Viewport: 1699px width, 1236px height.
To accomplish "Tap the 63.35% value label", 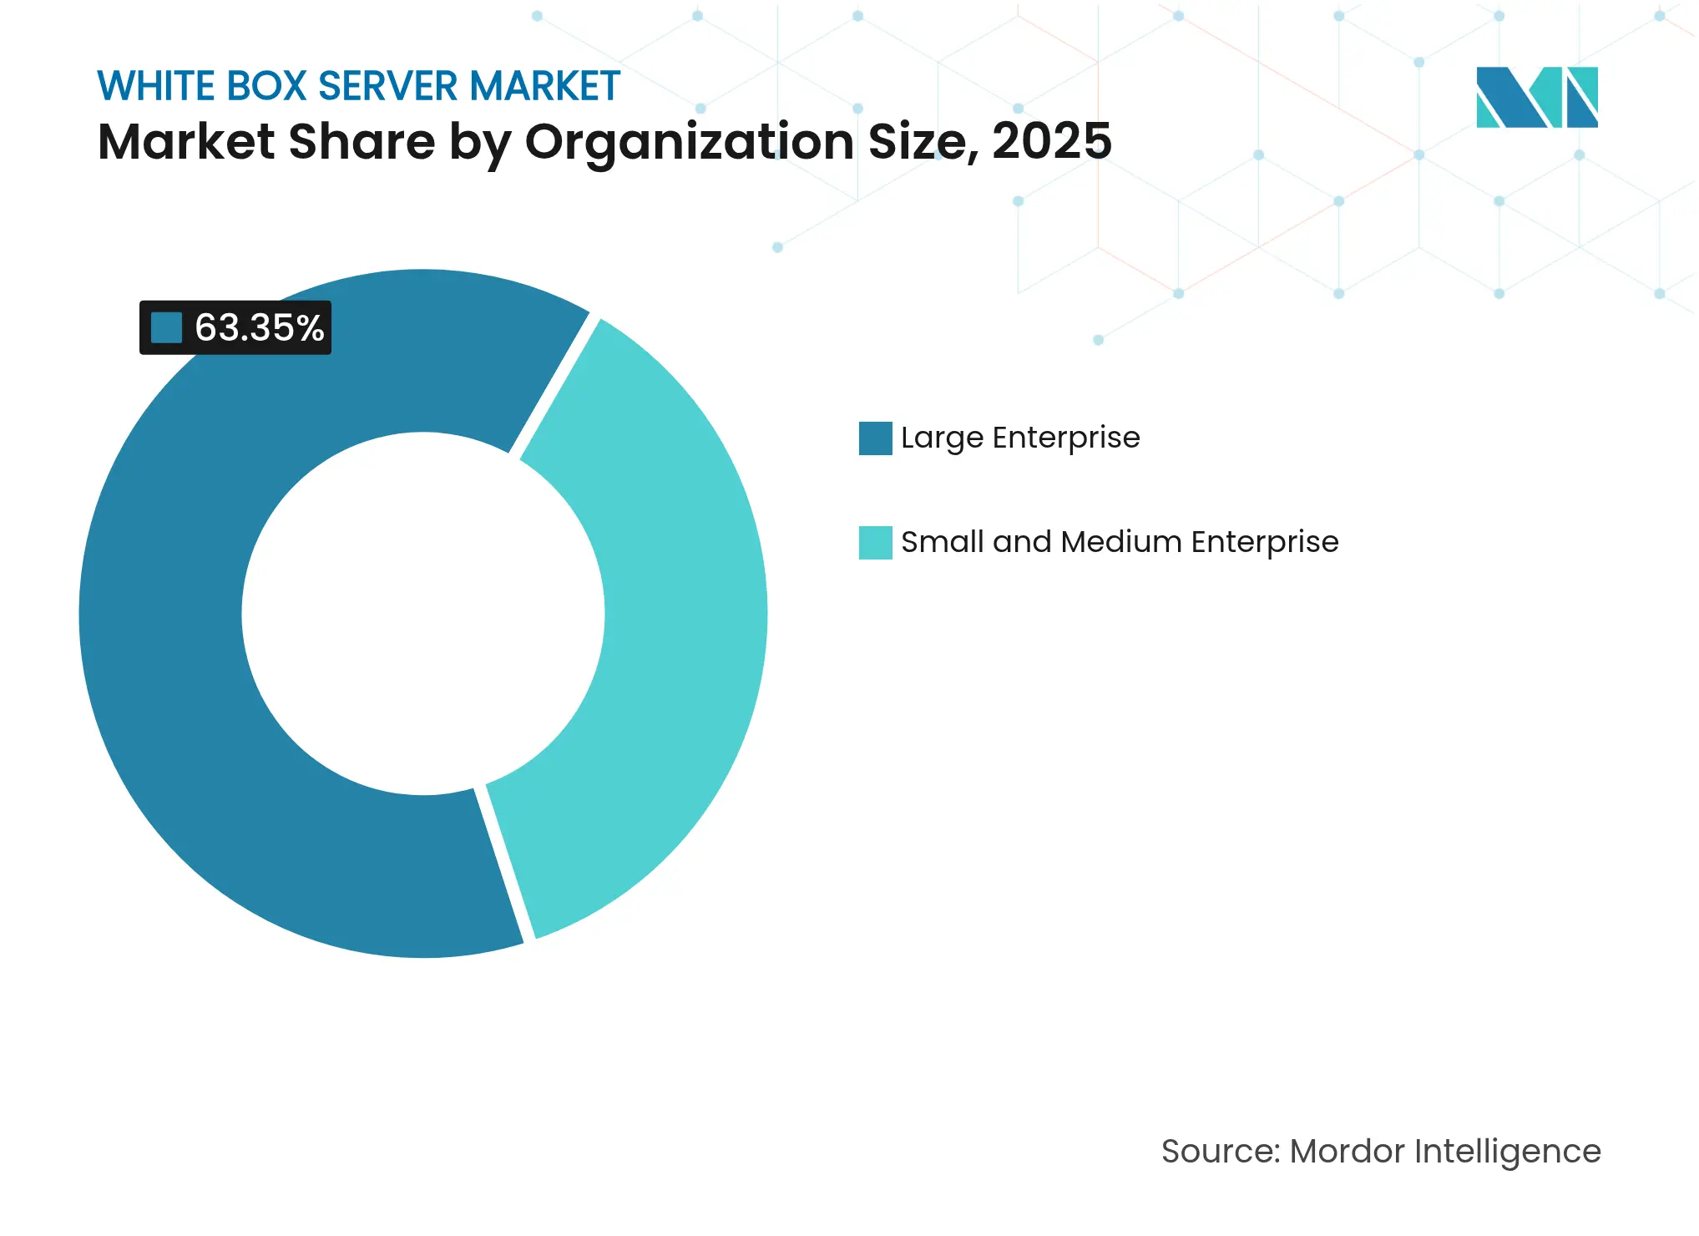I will coord(259,327).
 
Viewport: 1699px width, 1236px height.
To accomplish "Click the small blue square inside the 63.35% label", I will coord(166,327).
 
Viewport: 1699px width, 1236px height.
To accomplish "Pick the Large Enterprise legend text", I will coord(1019,438).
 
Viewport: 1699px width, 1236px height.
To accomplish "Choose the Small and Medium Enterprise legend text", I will coord(1119,542).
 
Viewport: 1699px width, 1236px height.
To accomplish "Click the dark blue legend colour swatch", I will coord(875,438).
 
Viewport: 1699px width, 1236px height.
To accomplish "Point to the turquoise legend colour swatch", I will coord(875,542).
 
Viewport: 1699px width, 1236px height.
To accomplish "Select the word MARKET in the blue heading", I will coord(544,86).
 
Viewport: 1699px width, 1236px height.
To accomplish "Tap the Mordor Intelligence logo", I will coord(1536,97).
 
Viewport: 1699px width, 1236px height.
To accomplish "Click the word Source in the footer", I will coord(1219,1151).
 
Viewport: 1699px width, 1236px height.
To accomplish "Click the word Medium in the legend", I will coord(1121,542).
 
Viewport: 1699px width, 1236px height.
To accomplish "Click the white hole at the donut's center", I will coord(423,614).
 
